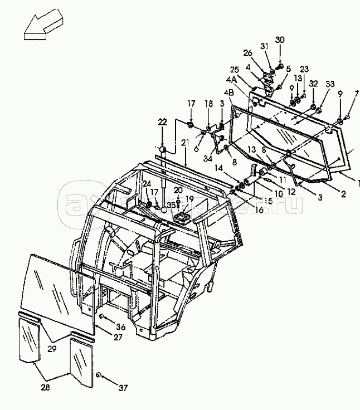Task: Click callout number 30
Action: point(280,40)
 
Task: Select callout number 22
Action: point(162,121)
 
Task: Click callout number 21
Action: point(185,144)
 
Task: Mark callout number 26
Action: point(248,53)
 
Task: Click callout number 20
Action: point(178,190)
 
